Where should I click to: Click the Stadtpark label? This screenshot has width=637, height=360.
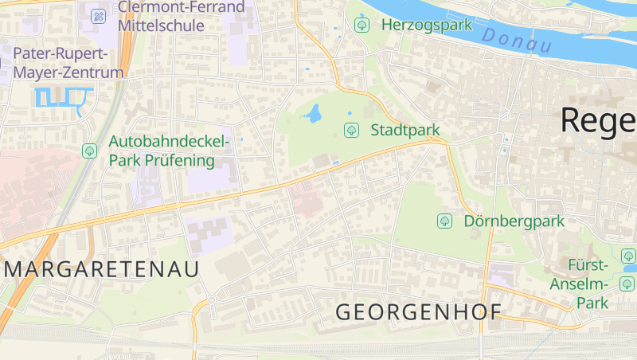click(x=404, y=130)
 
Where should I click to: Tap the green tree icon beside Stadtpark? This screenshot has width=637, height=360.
click(x=350, y=130)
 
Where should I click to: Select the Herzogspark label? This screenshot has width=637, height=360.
click(x=427, y=25)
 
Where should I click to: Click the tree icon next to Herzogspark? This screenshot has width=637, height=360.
click(x=362, y=25)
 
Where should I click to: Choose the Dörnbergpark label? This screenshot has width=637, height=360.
click(x=514, y=221)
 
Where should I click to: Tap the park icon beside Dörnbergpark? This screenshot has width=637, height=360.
click(x=444, y=221)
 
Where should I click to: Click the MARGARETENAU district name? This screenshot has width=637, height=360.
click(x=102, y=269)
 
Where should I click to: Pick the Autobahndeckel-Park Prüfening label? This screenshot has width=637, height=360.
click(x=168, y=151)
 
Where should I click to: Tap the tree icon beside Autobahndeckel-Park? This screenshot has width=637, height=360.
click(x=88, y=150)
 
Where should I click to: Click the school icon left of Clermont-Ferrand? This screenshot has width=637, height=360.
click(x=98, y=15)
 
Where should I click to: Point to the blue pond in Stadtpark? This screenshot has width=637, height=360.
click(x=314, y=115)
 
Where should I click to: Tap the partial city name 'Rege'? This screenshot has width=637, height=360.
click(x=598, y=120)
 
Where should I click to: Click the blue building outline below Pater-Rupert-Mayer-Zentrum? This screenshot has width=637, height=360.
click(x=61, y=98)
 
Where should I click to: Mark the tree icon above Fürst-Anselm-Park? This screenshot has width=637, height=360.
click(x=628, y=256)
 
